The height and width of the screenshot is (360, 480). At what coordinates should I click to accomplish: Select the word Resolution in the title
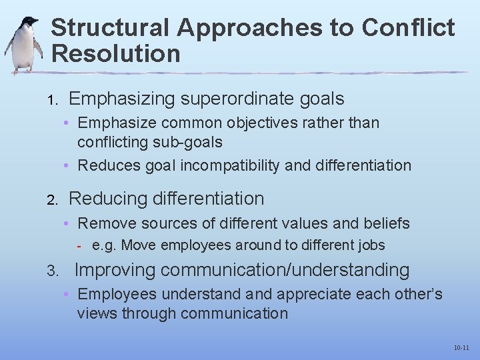[x=115, y=53]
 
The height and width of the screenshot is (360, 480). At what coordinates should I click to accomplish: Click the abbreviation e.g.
[x=105, y=245]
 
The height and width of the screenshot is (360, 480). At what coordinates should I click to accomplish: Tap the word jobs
[x=371, y=245]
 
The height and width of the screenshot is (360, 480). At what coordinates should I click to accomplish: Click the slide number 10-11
[x=461, y=348]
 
